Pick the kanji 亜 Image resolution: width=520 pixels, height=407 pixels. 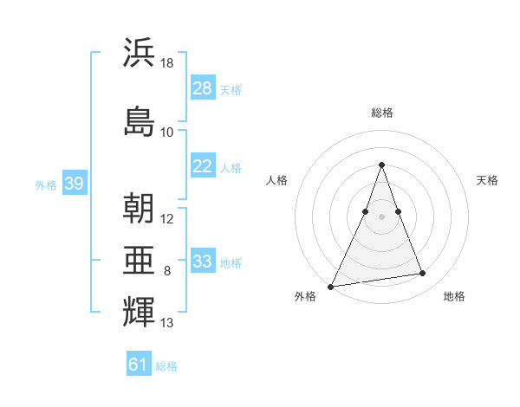point(140,260)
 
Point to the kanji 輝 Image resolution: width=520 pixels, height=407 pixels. point(140,311)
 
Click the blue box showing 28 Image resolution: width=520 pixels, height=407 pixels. point(203,89)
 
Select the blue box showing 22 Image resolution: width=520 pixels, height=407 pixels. point(203,166)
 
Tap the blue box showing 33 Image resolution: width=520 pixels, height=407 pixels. point(203,262)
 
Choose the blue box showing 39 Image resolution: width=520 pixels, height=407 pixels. point(75,184)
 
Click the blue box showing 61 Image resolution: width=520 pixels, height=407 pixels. point(139,365)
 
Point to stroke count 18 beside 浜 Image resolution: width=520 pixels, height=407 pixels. point(167,64)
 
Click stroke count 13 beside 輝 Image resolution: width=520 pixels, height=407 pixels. point(167,323)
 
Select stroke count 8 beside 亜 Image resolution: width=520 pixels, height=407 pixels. point(167,271)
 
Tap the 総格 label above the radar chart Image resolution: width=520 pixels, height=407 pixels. point(381,113)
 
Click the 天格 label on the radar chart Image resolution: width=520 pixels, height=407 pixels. point(487,180)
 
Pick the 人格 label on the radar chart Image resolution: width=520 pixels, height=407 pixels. point(276,180)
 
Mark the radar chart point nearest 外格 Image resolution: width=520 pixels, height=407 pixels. point(331,286)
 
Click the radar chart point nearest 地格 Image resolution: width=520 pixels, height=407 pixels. point(423,274)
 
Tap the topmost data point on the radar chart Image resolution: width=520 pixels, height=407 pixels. point(381,165)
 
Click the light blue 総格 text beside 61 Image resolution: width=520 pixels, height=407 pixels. point(166,366)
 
